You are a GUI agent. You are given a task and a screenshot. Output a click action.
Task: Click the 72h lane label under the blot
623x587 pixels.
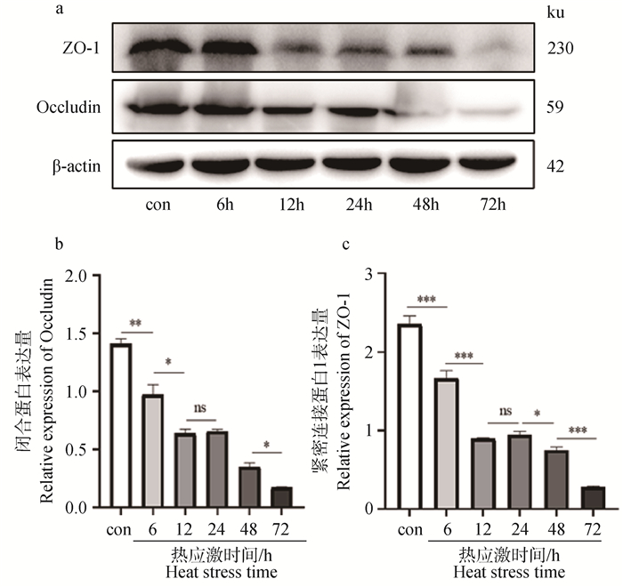(488, 203)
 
